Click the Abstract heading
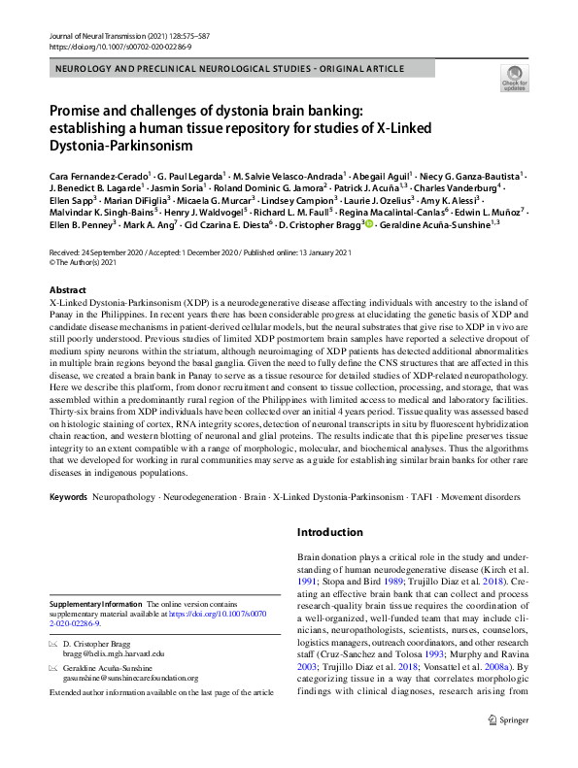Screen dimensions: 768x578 click(70, 290)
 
